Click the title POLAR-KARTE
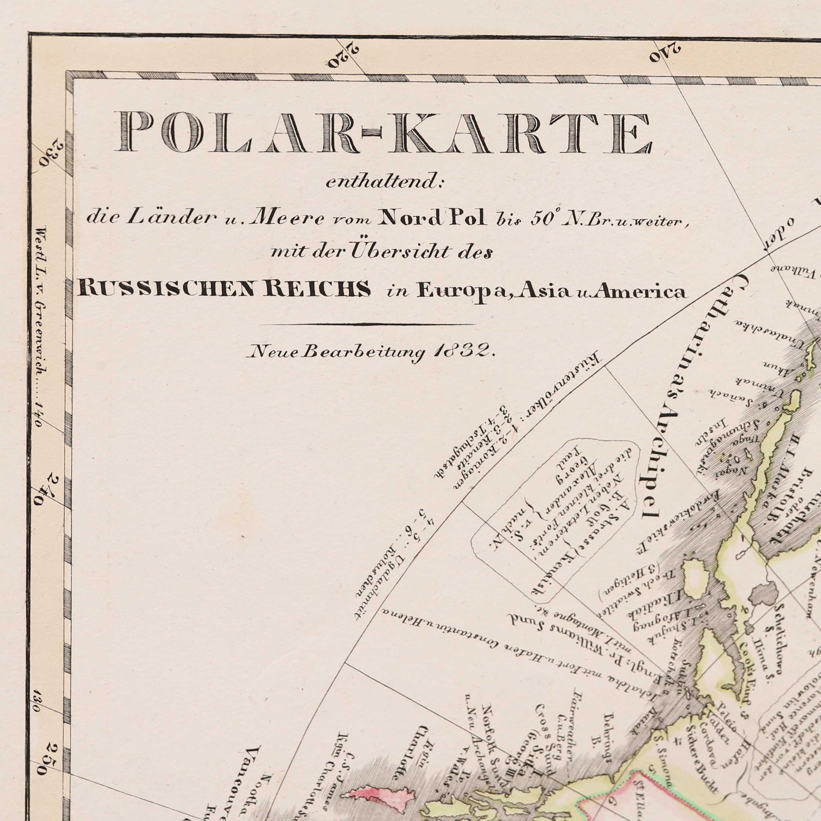385,132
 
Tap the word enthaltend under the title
385,182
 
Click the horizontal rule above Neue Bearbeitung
368,325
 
